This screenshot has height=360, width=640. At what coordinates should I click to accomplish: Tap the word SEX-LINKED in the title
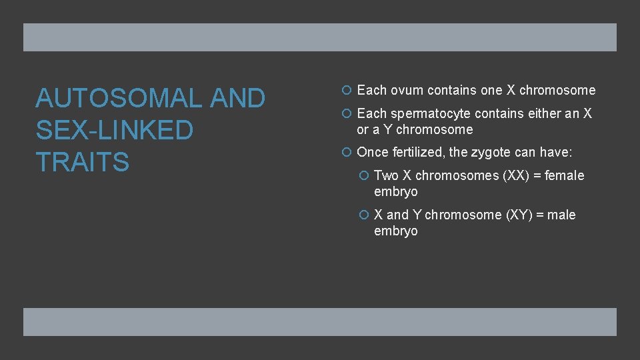(x=114, y=130)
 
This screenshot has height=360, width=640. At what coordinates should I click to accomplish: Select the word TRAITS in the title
(x=82, y=162)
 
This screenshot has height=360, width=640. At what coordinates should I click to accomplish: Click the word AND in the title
(x=237, y=99)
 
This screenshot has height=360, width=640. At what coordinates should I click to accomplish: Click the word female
(x=564, y=175)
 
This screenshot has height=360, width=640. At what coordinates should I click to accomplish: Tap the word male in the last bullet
(x=561, y=215)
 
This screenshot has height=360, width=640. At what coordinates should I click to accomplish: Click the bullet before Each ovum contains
(x=349, y=90)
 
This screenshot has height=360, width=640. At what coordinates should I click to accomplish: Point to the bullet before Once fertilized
(x=349, y=153)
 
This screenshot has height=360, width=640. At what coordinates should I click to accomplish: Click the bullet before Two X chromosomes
(x=365, y=175)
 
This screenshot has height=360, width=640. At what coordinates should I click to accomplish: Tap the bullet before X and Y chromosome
(x=365, y=215)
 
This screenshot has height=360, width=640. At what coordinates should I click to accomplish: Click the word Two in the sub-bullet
(x=387, y=175)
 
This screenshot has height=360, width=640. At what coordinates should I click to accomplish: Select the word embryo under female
(x=396, y=192)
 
